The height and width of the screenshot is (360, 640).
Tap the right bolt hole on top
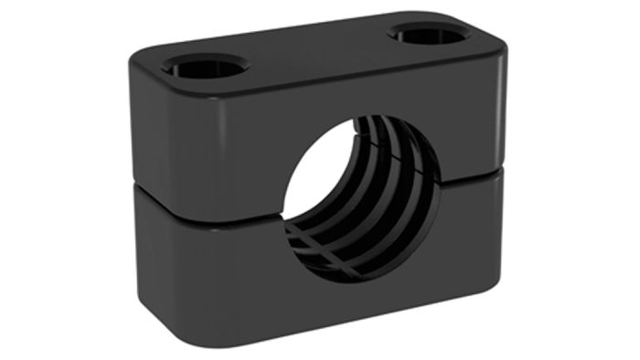[429, 35]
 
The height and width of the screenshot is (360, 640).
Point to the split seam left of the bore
[210, 202]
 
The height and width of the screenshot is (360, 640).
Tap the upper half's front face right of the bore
[471, 119]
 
